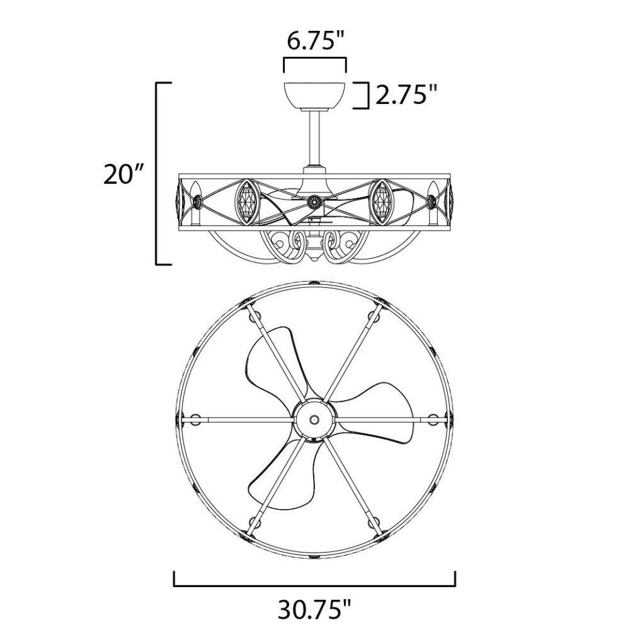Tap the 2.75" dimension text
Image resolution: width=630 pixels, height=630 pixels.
coord(406,95)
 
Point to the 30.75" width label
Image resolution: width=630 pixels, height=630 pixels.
coord(314,609)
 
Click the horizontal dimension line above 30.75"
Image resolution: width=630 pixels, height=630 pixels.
coord(314,585)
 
